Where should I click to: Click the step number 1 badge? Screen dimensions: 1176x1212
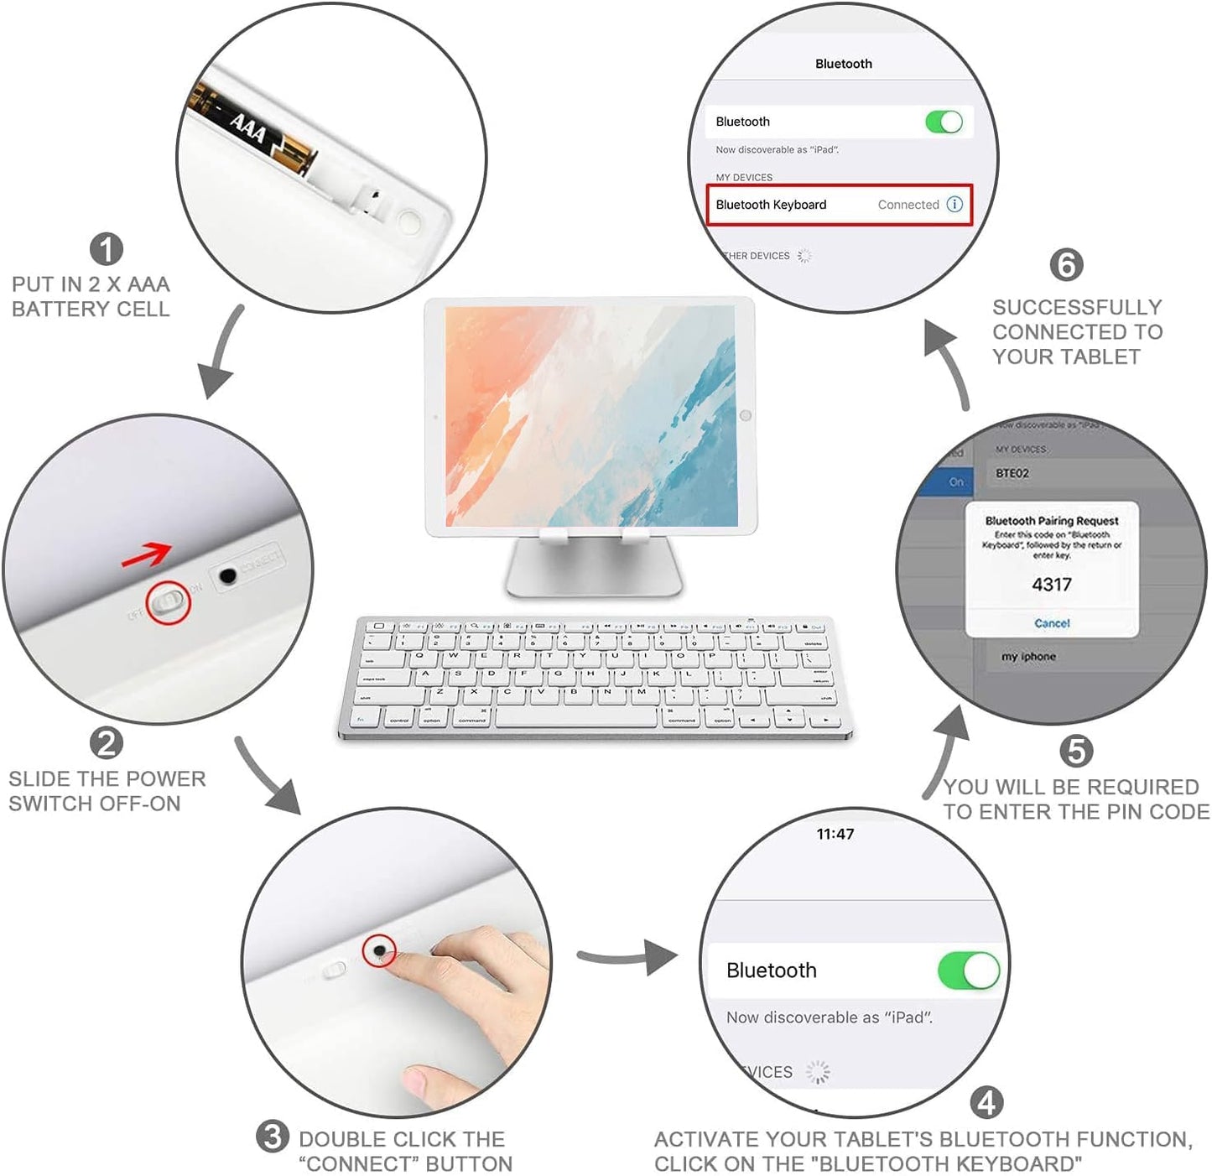[x=107, y=249]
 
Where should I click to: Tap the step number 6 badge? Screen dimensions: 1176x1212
[x=1066, y=265]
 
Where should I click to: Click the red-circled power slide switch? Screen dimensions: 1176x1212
[x=168, y=603]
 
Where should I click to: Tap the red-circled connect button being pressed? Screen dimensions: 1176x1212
[x=379, y=950]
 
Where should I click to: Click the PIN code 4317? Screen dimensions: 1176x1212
[x=1052, y=585]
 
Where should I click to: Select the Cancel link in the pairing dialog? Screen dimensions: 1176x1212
[x=1052, y=623]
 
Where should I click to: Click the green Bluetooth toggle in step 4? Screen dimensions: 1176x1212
[x=969, y=970]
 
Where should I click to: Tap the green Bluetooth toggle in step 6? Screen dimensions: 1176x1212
[x=944, y=122]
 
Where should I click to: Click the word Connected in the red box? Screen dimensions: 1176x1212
[x=908, y=205]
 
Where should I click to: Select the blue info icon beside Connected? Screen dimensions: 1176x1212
[x=955, y=205]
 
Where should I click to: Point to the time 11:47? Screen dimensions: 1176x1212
[x=835, y=834]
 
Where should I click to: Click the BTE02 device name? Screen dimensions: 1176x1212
[x=1012, y=473]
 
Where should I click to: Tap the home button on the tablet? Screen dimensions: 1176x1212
[x=745, y=415]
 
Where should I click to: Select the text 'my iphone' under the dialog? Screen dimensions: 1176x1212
[x=1028, y=657]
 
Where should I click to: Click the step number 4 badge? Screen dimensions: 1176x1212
[x=986, y=1102]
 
